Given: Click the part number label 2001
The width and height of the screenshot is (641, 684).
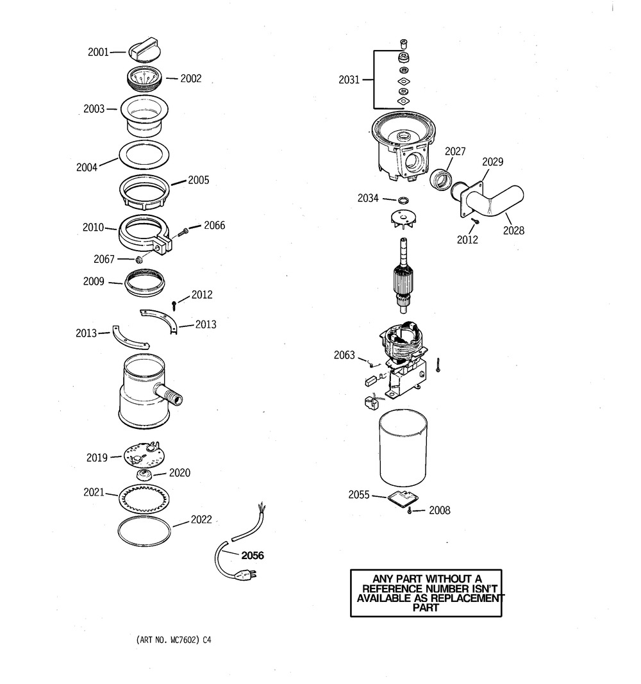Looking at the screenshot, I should [x=98, y=53].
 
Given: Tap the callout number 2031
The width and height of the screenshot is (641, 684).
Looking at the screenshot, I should [x=349, y=80].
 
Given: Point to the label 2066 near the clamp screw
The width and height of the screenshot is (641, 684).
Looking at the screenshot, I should [x=214, y=226].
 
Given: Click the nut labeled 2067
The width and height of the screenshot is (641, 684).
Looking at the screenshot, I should [x=138, y=259].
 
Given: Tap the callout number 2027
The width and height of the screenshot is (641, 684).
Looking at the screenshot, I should [x=455, y=151].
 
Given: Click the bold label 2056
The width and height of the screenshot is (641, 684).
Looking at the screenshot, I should [x=252, y=555].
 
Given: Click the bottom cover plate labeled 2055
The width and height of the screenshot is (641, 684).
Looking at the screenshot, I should [x=402, y=499].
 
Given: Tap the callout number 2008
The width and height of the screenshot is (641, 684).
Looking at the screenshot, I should [x=439, y=510].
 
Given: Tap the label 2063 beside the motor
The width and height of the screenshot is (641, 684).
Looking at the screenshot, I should [x=344, y=355].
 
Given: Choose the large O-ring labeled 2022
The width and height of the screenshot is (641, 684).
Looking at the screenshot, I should [x=146, y=529].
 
